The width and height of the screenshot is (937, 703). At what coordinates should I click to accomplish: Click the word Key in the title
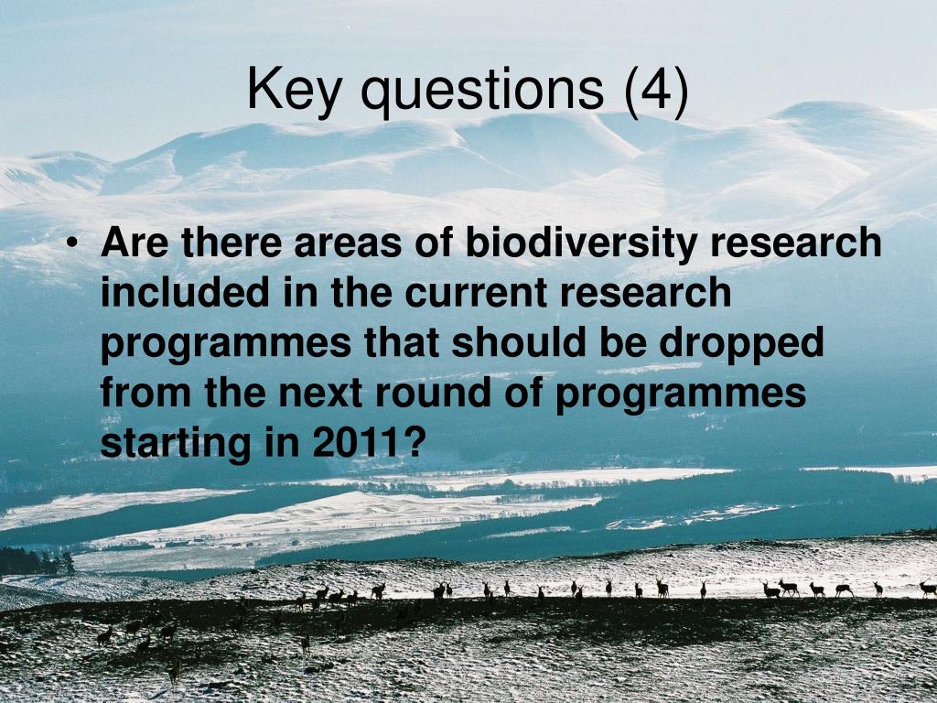click(x=294, y=90)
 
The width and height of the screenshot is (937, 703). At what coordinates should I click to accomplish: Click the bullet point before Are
click(x=72, y=243)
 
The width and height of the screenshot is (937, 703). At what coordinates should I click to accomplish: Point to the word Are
click(x=135, y=242)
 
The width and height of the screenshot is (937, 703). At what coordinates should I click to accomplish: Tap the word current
click(x=476, y=294)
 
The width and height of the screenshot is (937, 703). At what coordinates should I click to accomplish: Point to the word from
click(x=145, y=393)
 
